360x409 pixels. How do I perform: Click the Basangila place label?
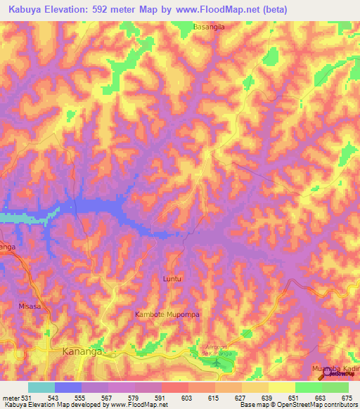pyautogui.click(x=210, y=27)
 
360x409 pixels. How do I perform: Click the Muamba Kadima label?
pyautogui.click(x=335, y=368)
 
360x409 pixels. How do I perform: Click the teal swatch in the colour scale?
pyautogui.click(x=41, y=387)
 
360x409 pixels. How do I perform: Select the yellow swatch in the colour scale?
pyautogui.click(x=282, y=387)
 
